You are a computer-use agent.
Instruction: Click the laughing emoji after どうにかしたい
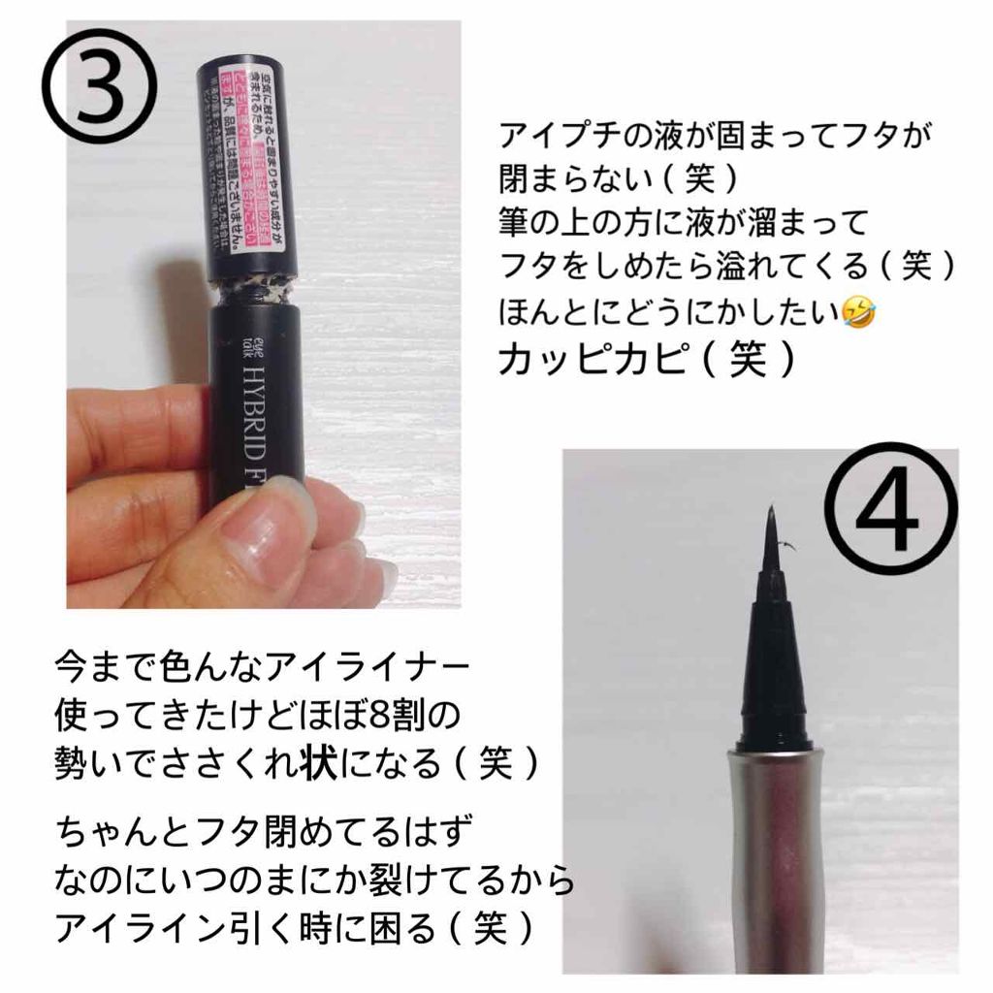(857, 314)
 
